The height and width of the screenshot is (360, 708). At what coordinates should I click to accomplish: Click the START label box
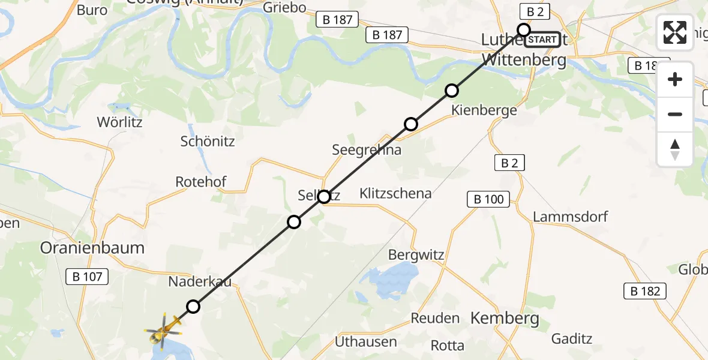(x=542, y=40)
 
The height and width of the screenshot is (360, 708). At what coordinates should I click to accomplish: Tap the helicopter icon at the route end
(x=163, y=329)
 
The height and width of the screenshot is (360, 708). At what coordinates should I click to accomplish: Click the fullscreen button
(x=675, y=32)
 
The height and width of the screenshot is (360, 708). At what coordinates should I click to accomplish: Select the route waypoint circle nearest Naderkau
(x=193, y=307)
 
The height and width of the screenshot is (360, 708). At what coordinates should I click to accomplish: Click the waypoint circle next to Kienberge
(x=452, y=91)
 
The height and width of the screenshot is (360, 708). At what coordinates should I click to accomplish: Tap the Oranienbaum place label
(x=92, y=248)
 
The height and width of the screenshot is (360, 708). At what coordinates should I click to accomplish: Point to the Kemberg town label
(x=505, y=319)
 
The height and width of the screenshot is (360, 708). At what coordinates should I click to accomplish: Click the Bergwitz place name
(x=416, y=255)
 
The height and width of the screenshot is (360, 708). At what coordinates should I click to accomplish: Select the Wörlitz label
(x=119, y=122)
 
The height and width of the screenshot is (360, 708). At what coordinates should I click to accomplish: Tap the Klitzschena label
(x=395, y=193)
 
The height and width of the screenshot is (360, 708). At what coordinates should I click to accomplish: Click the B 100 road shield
(x=488, y=200)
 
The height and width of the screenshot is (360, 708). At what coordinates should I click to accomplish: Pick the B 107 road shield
(x=87, y=277)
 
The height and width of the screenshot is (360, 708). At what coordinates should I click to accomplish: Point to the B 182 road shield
(x=645, y=292)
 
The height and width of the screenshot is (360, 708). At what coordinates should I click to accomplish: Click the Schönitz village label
(x=208, y=142)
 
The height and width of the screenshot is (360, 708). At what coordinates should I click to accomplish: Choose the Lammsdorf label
(x=571, y=217)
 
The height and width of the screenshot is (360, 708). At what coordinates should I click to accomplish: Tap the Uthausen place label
(x=366, y=342)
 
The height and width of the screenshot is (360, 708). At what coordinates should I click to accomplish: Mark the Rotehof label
(x=200, y=181)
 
